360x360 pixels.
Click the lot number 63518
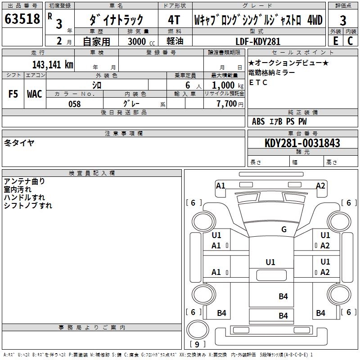tap(22, 19)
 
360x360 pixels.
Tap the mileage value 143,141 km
tap(53, 64)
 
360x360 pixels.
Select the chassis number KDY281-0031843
tap(302, 143)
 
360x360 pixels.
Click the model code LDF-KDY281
tap(258, 41)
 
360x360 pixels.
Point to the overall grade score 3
tap(343, 20)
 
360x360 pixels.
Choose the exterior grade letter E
tap(336, 41)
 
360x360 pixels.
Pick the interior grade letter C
tap(350, 41)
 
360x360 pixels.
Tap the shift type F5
tap(13, 94)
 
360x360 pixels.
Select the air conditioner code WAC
tap(35, 94)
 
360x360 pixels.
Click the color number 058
tap(75, 104)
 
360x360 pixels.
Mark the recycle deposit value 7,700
tap(227, 104)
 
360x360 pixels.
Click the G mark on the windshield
tap(284, 229)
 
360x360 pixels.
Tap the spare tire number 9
tap(197, 344)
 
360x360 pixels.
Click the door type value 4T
tap(174, 20)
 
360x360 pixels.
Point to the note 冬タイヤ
tap(19, 143)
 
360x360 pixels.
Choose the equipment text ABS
tap(258, 121)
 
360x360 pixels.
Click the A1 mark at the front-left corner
tap(220, 185)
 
